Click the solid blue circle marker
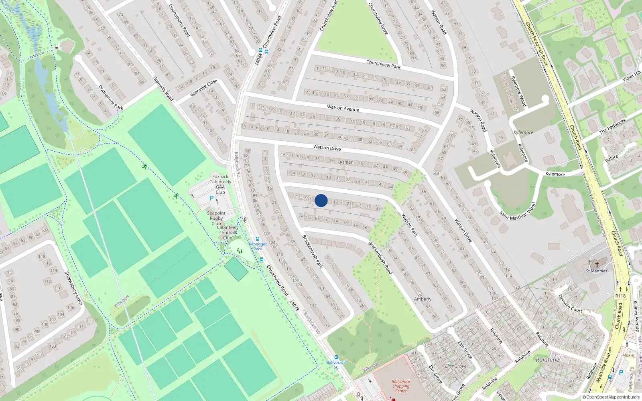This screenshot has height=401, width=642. (x=321, y=200)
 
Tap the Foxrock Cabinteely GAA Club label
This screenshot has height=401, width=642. (x=220, y=184)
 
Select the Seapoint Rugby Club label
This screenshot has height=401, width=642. (x=216, y=218)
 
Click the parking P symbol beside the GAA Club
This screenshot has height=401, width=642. (x=211, y=198)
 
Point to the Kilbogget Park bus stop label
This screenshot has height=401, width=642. (x=258, y=246)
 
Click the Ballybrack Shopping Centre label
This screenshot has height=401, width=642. (x=401, y=386)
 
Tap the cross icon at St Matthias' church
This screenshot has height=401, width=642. (x=597, y=264)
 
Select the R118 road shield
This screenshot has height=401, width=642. (x=620, y=296)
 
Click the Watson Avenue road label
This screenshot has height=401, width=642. (x=343, y=108)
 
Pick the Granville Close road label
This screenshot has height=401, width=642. (x=204, y=87)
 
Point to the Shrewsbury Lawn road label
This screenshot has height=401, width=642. (x=73, y=288)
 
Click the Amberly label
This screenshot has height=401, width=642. (x=423, y=299)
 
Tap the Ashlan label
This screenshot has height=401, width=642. (x=346, y=162)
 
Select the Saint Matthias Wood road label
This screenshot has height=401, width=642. (x=518, y=211)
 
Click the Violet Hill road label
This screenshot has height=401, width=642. (x=632, y=76)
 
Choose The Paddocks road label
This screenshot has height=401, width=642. (x=612, y=126)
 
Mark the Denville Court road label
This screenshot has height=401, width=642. (x=570, y=304)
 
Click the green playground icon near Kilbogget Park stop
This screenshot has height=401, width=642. (x=240, y=251)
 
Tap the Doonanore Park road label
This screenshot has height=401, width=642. (x=111, y=97)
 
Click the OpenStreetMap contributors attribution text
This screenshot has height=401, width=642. (x=611, y=397)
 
